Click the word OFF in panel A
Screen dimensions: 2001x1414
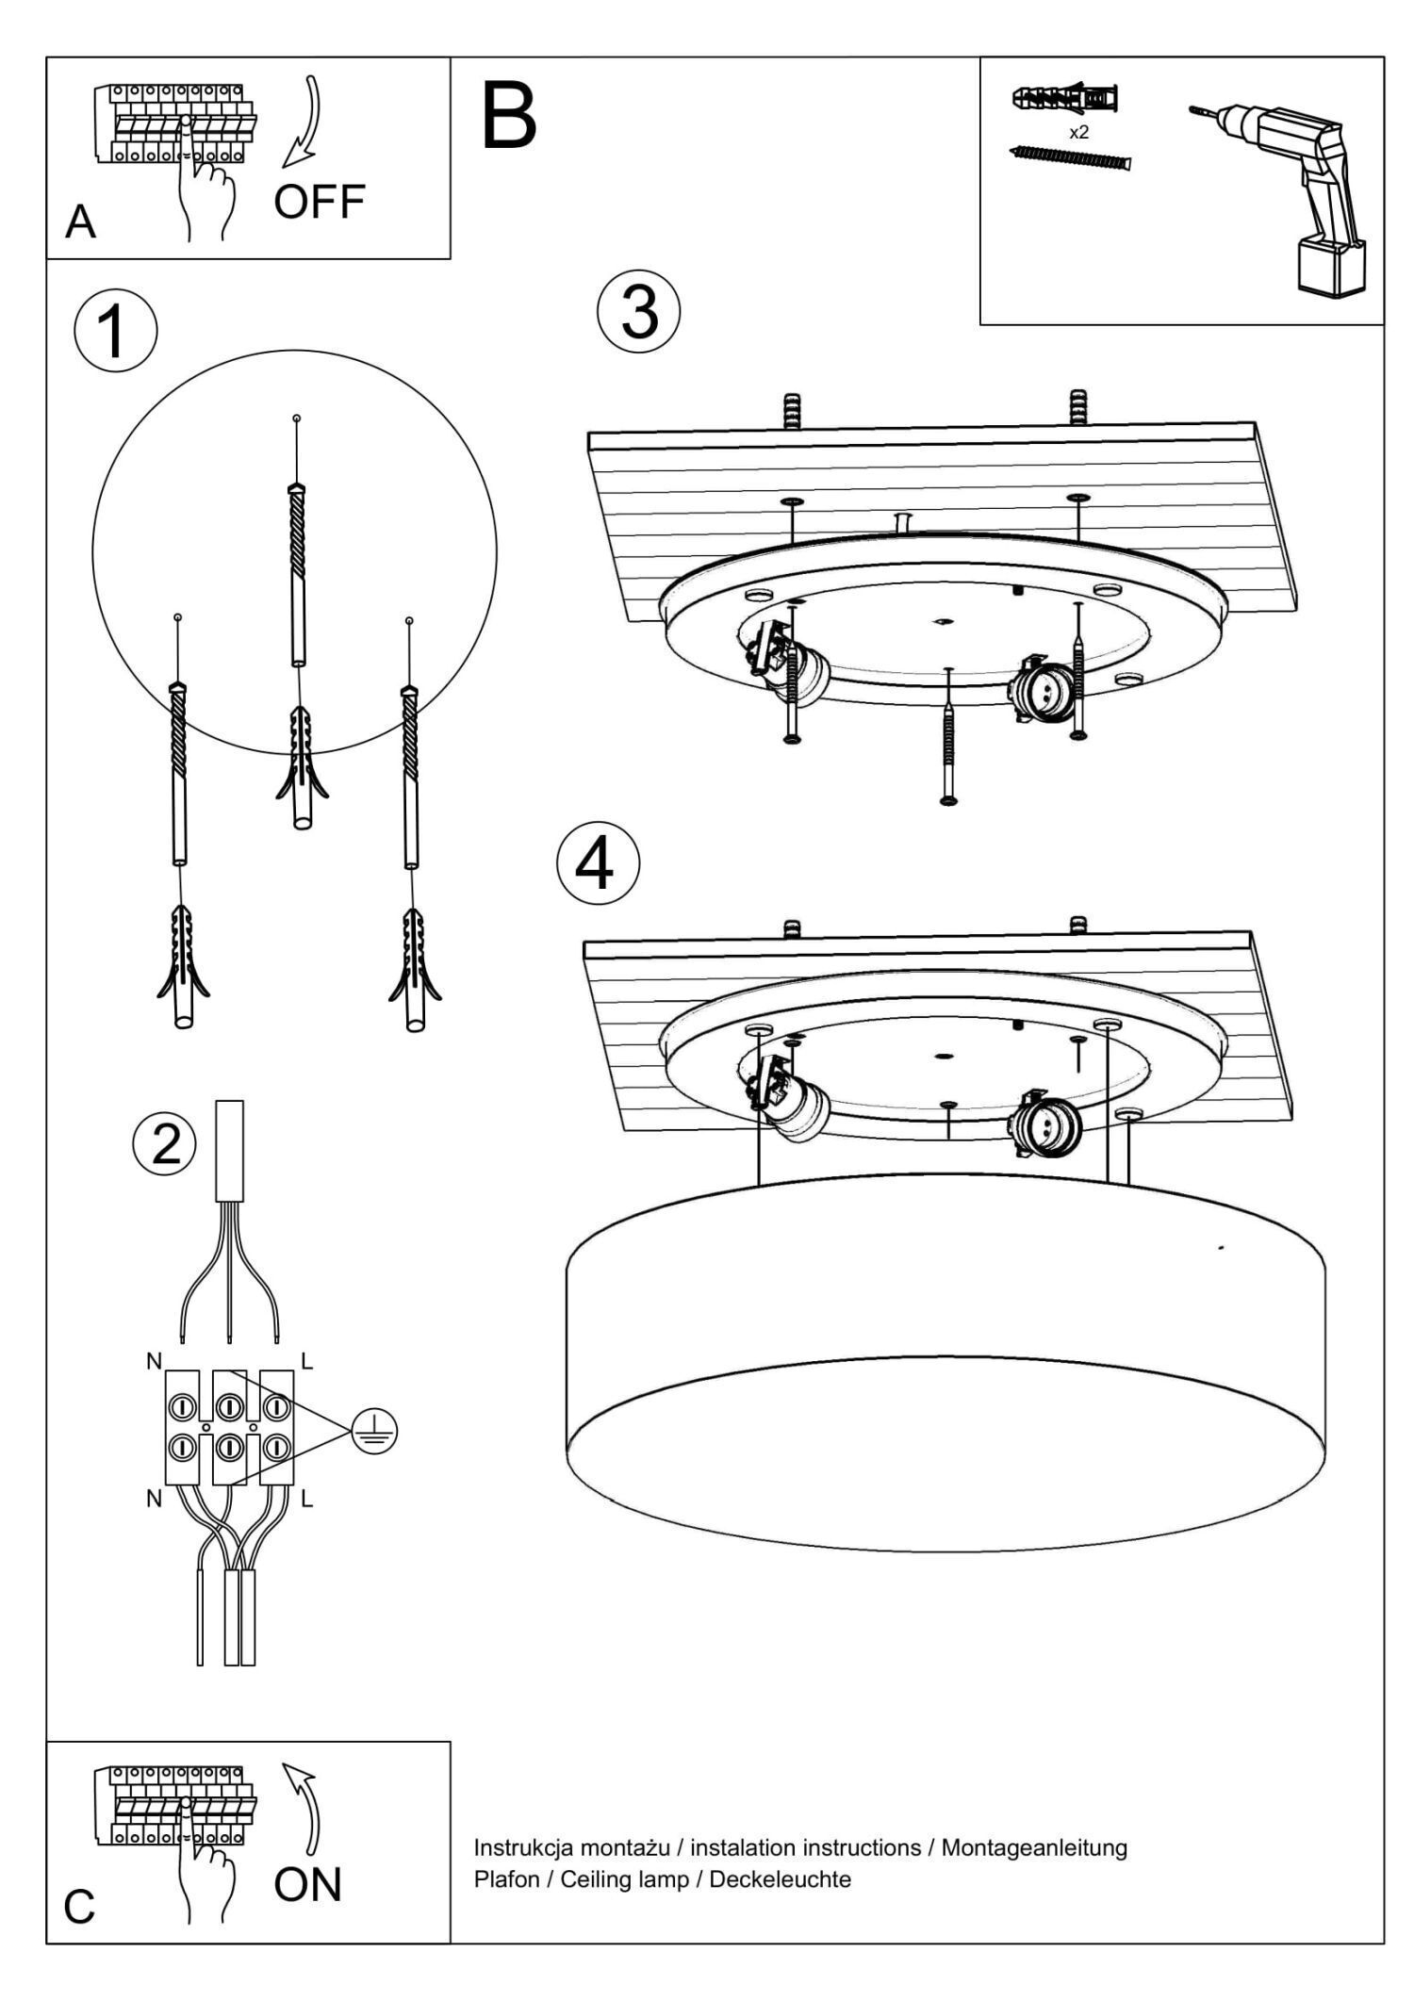320,202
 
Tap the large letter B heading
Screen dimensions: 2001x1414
509,118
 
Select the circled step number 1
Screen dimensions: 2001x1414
115,332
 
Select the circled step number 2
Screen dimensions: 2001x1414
166,1144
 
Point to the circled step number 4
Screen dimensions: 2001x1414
598,864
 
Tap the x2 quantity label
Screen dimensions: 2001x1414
1078,133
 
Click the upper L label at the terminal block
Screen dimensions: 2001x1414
306,1360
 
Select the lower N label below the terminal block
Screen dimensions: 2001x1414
154,1499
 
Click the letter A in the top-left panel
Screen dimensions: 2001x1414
81,222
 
